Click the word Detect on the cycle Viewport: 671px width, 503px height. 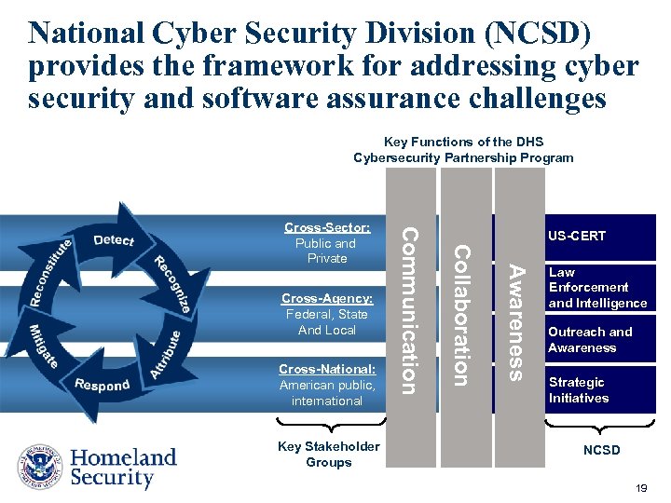115,240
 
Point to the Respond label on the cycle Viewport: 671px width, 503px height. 102,385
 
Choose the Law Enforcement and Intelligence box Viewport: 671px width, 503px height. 597,288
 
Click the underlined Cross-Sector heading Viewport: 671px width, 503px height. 327,227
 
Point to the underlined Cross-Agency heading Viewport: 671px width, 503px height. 327,298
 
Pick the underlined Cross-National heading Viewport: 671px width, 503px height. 327,369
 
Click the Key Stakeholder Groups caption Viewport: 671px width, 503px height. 328,455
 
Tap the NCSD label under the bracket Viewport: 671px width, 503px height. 601,451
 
